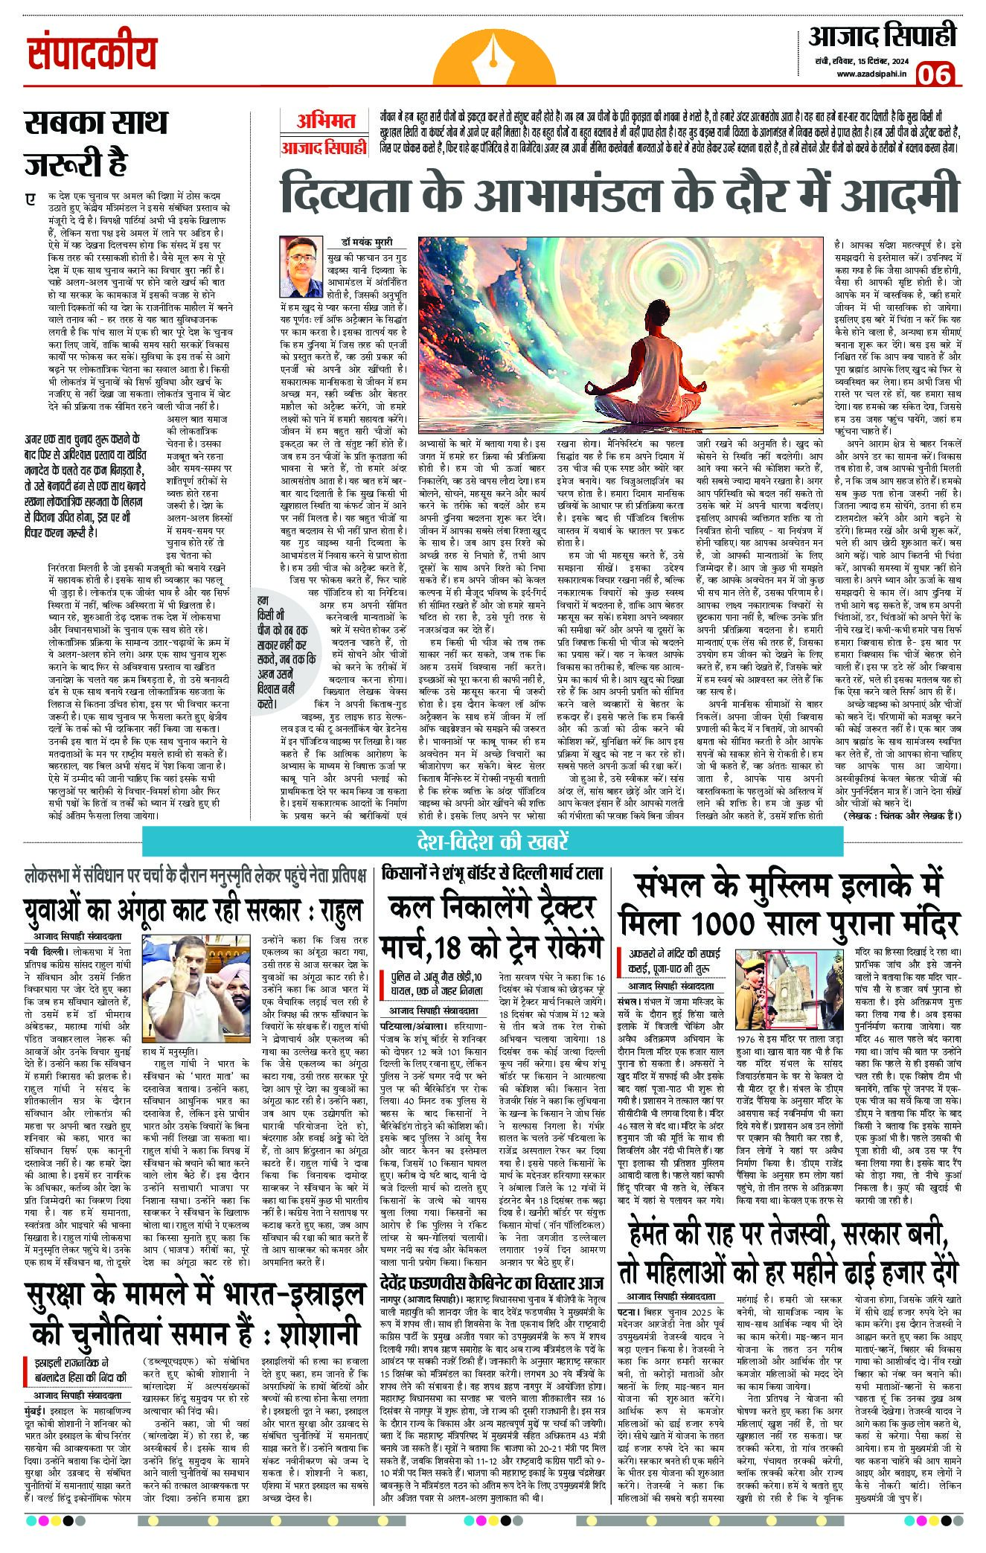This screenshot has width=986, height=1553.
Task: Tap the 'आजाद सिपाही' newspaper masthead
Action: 882,36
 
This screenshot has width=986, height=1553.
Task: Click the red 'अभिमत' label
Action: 325,121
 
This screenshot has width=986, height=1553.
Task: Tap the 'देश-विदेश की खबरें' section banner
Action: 493,842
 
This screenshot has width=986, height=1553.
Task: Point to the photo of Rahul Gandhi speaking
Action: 203,975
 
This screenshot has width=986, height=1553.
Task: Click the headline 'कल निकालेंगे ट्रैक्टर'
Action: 493,909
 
